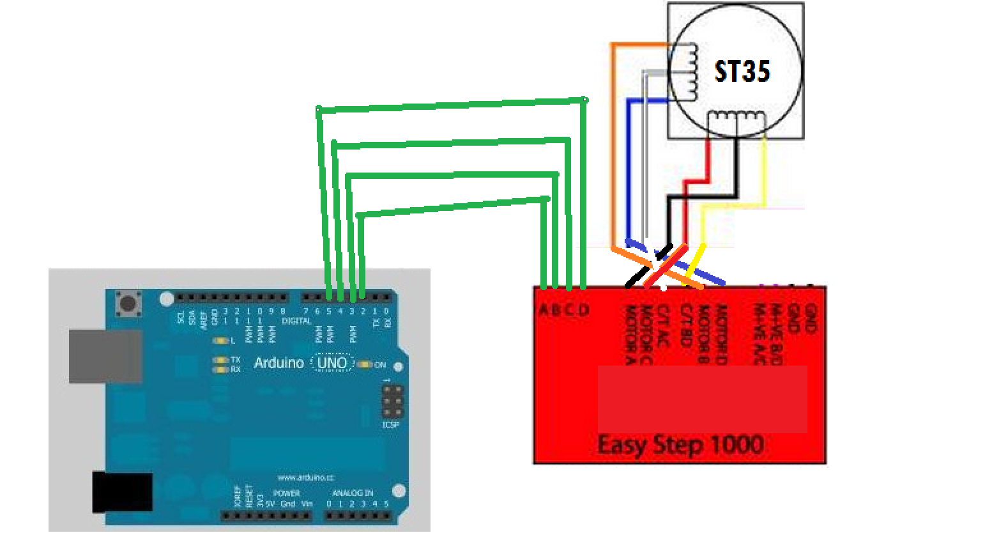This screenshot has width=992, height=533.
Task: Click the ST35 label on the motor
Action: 742,71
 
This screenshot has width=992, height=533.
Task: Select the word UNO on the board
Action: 332,363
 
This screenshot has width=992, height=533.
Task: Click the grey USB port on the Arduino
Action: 105,355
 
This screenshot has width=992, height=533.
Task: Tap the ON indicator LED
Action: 364,364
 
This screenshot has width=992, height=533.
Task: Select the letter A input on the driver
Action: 543,311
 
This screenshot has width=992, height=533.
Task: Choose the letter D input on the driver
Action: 583,311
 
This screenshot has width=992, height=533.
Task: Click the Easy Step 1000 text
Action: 680,444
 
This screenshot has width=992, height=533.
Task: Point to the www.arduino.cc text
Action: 305,477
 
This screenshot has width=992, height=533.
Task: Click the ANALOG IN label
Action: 353,493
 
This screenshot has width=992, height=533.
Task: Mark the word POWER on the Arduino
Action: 286,493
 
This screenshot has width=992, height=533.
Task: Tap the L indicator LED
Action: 221,341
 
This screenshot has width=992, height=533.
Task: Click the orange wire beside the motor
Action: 613,147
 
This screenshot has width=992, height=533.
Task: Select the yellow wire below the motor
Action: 764,173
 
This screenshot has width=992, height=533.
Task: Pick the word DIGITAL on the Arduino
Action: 296,321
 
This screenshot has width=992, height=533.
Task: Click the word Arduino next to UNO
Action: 279,363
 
